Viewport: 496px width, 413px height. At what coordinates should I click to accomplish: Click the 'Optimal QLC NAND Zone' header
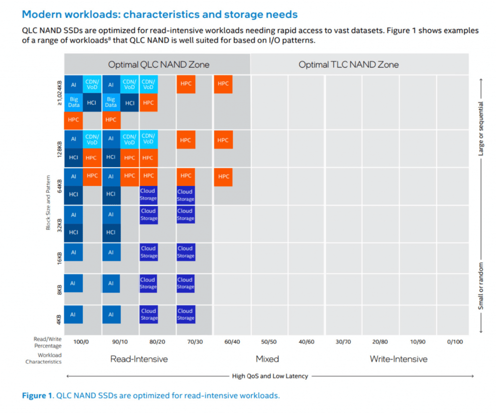coord(158,64)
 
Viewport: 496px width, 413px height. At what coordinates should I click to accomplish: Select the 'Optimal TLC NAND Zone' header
coord(348,64)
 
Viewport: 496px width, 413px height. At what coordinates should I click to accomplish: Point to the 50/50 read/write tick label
coord(269,342)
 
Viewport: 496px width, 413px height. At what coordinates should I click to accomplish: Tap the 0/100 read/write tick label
coord(455,342)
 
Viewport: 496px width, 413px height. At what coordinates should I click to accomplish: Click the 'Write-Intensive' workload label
coord(399,359)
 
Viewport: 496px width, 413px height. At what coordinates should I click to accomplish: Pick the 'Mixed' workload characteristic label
coord(267,359)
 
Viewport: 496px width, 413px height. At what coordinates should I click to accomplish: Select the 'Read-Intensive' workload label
coord(139,359)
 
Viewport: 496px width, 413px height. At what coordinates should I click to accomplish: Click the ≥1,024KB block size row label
coord(59,92)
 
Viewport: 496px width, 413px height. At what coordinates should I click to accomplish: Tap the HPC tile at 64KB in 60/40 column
coord(223,177)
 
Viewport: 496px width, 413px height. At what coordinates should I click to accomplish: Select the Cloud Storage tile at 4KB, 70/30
coord(186,314)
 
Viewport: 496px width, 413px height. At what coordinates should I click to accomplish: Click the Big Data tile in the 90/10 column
coord(111,103)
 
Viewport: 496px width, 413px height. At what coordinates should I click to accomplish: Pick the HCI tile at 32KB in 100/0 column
coord(74,232)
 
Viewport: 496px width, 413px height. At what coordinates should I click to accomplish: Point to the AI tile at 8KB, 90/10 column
coord(111,284)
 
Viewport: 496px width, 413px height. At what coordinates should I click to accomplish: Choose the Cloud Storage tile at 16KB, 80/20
coord(148,252)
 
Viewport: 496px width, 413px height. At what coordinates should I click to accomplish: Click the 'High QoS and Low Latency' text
coord(270,376)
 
